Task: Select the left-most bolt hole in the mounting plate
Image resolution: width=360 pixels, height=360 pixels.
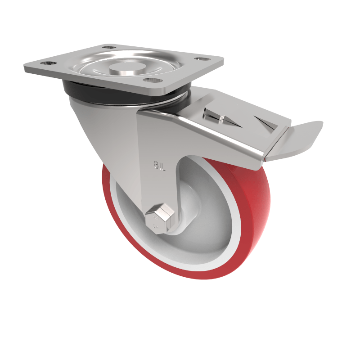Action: click(47, 63)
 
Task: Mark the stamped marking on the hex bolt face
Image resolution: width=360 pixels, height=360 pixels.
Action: click(156, 220)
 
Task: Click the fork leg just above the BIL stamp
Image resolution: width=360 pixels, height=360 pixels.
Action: click(157, 144)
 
